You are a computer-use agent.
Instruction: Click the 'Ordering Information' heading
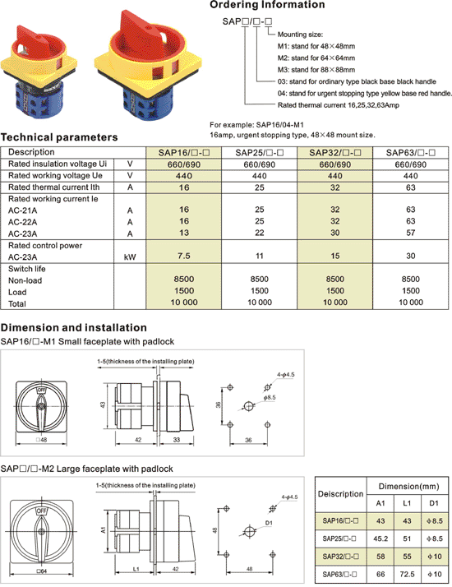click(x=267, y=5)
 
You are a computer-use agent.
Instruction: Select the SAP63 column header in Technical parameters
click(x=410, y=152)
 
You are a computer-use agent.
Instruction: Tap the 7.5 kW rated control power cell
click(x=184, y=256)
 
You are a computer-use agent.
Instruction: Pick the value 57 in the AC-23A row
click(x=410, y=233)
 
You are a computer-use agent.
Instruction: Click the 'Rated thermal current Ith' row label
click(x=54, y=187)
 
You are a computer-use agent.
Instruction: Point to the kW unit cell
click(x=130, y=257)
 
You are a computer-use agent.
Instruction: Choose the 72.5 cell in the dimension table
click(x=407, y=574)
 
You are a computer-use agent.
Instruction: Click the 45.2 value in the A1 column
click(x=381, y=538)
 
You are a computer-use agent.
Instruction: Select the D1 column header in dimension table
click(x=434, y=503)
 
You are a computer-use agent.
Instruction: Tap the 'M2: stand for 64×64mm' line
click(x=316, y=58)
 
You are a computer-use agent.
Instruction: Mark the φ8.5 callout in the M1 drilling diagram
click(x=270, y=398)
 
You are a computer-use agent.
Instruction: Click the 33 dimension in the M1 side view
click(x=177, y=440)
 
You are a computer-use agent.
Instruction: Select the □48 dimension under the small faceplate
click(x=42, y=440)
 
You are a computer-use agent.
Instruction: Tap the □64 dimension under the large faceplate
click(x=42, y=571)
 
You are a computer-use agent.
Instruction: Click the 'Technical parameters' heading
click(x=59, y=137)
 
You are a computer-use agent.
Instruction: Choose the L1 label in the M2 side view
click(x=136, y=569)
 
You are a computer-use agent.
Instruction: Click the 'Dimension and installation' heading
click(x=74, y=327)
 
